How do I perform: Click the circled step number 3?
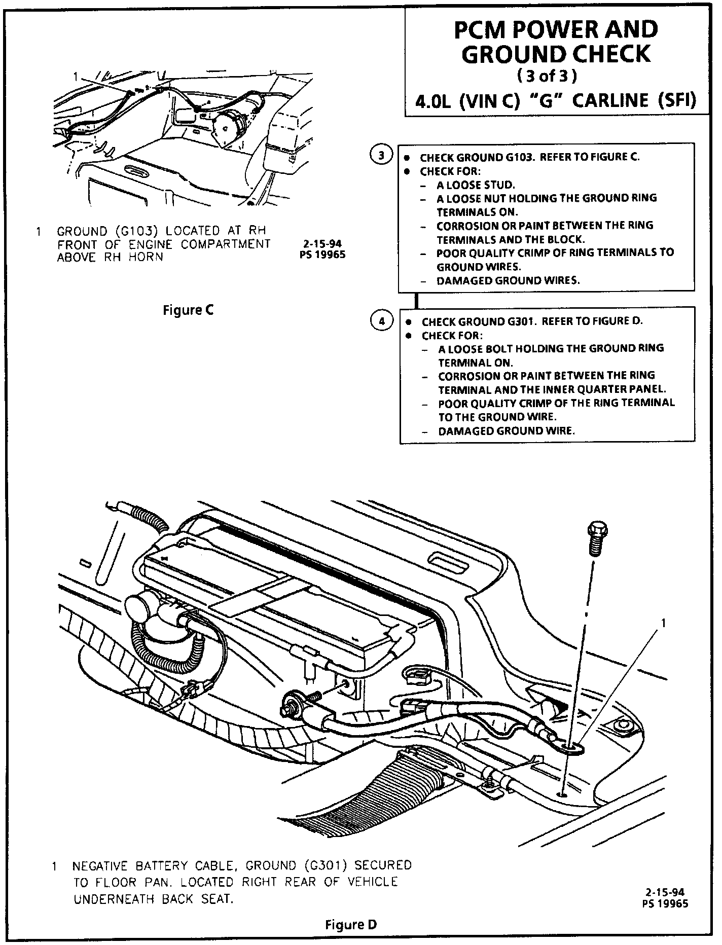381,155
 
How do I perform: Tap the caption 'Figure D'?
351,925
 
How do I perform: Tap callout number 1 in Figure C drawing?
76,77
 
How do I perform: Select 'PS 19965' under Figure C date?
322,255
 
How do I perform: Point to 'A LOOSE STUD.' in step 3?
476,185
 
